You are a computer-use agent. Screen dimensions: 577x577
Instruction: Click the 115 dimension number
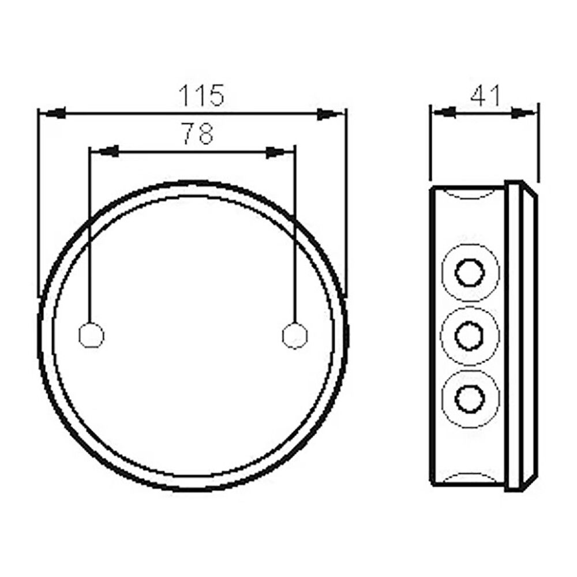(200, 95)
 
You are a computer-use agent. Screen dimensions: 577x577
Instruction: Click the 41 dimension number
(485, 95)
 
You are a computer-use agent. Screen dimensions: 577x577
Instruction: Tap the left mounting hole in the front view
(91, 335)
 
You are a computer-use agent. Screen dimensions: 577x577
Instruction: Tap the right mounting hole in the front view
(295, 335)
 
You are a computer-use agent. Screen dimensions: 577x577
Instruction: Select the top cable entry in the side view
(469, 272)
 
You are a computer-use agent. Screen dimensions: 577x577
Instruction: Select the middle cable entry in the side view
(469, 335)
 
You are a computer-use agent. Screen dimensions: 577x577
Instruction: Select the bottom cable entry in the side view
(469, 398)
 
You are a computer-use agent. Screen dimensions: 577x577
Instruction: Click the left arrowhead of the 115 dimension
(52, 114)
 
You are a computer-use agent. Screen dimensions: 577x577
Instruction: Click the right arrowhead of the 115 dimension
(330, 114)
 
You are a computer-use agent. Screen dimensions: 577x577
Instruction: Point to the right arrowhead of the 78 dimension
(280, 152)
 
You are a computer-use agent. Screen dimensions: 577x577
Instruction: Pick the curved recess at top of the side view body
(469, 194)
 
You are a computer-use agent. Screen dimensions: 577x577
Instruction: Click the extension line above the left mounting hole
(90, 231)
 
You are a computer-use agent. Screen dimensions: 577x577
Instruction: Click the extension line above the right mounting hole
(295, 231)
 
